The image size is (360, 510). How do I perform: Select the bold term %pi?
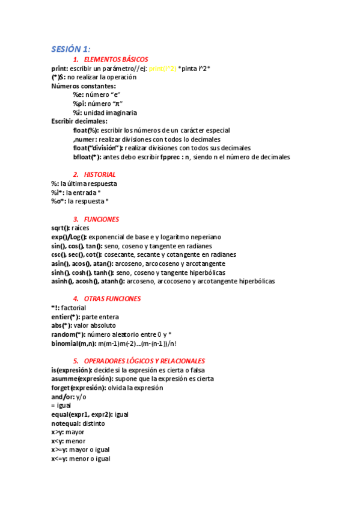(80, 103)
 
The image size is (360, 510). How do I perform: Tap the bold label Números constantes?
(76, 86)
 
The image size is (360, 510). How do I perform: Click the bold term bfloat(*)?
(87, 157)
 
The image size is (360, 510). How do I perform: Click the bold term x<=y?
(59, 459)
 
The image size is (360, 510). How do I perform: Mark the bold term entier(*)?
(66, 316)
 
